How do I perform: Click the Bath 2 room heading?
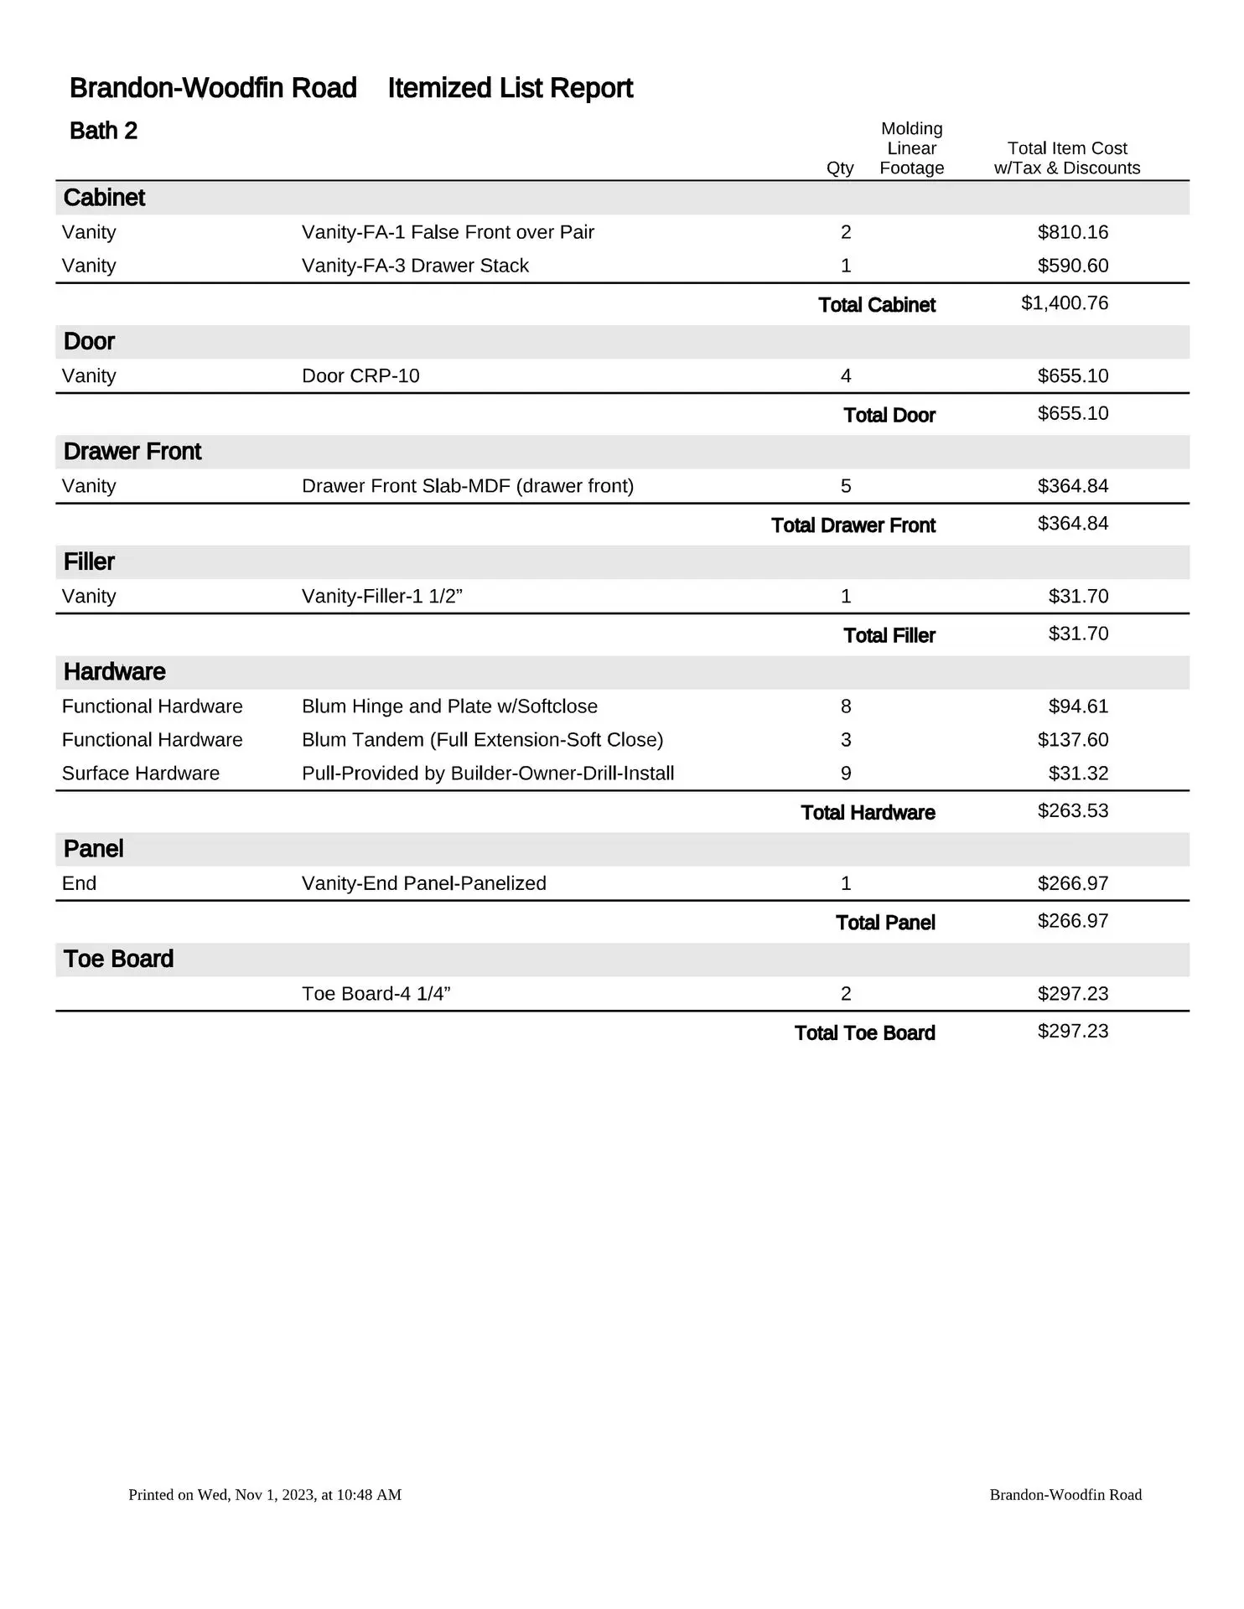point(103,131)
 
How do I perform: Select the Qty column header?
point(839,168)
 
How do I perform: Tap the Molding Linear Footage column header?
point(911,148)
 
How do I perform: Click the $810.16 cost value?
point(1072,232)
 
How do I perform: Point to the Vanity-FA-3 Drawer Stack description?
point(415,266)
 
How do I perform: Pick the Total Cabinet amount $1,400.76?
point(1064,303)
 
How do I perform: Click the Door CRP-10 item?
point(360,375)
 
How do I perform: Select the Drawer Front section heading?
point(132,452)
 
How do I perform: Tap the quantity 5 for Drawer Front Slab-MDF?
point(845,486)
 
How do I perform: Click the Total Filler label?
point(889,635)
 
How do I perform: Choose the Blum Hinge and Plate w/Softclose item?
point(449,706)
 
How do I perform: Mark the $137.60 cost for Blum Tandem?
point(1072,740)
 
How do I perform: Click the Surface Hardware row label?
point(141,773)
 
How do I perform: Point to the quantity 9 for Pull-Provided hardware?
point(845,773)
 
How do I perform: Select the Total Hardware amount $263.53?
point(1072,811)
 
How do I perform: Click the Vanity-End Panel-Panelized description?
point(423,883)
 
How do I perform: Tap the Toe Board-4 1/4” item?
point(376,994)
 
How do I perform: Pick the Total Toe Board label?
point(864,1033)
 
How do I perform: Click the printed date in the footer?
point(265,1495)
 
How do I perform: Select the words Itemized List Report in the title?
point(510,88)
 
